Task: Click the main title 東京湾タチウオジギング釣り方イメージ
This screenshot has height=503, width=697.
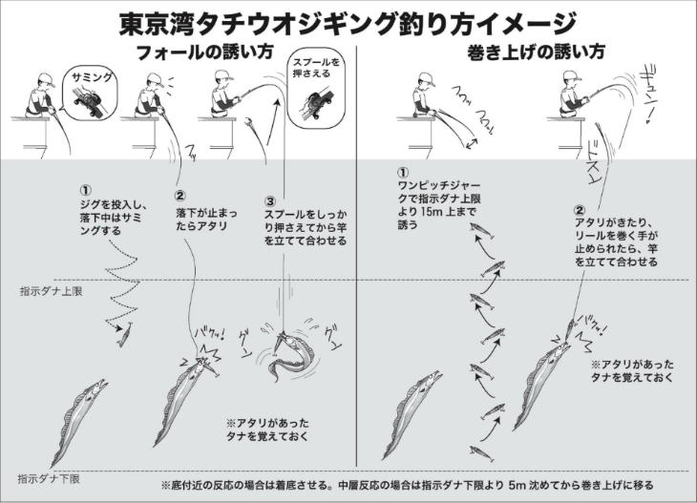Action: pyautogui.click(x=348, y=23)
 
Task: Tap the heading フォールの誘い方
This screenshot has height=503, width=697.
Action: pyautogui.click(x=204, y=52)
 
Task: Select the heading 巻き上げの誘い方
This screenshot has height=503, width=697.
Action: pyautogui.click(x=536, y=52)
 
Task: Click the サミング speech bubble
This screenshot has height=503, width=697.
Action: pyautogui.click(x=91, y=94)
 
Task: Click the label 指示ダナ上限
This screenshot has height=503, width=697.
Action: pyautogui.click(x=52, y=291)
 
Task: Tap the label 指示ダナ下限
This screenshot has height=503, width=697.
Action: pyautogui.click(x=49, y=479)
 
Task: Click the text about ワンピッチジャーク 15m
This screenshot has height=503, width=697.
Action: pyautogui.click(x=439, y=199)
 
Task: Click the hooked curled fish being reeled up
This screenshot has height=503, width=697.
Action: pyautogui.click(x=291, y=356)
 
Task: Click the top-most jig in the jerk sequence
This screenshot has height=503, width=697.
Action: pyautogui.click(x=483, y=231)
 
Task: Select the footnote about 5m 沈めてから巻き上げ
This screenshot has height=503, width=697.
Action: pyautogui.click(x=407, y=485)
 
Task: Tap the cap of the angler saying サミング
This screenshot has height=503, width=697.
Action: pyautogui.click(x=47, y=80)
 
